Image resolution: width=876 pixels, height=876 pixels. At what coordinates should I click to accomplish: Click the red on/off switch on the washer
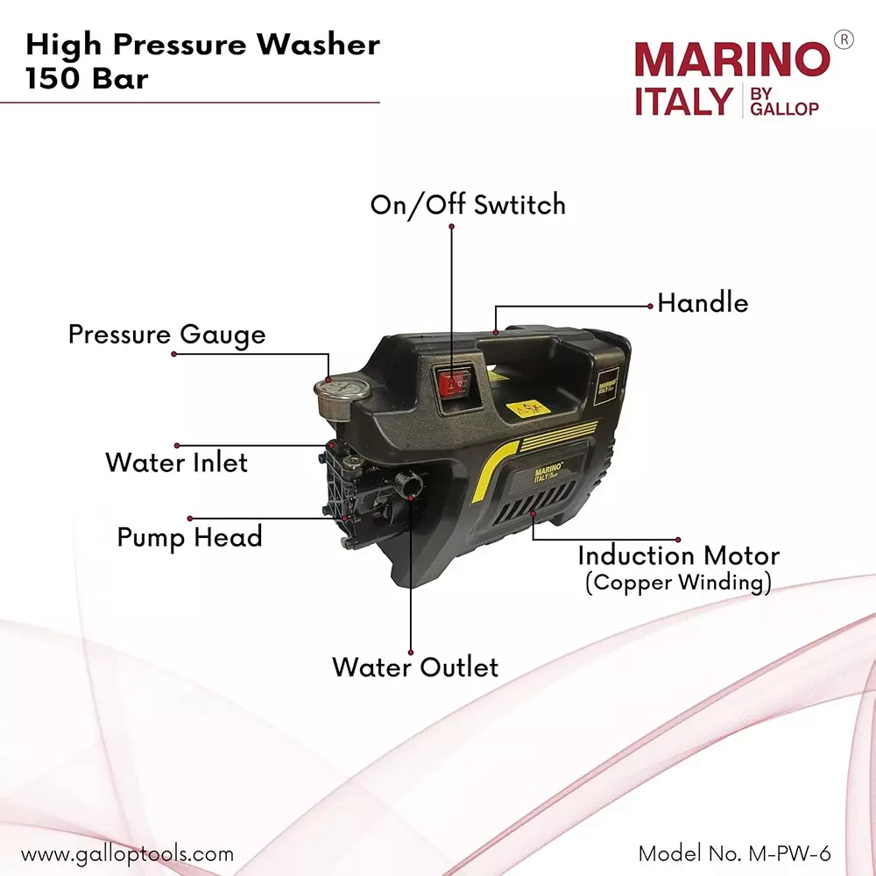452,383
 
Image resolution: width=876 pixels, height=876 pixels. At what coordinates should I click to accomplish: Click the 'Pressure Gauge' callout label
166,335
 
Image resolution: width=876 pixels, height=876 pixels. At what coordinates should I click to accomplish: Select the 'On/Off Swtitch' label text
468,205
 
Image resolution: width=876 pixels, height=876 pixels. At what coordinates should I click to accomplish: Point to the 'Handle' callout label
703,303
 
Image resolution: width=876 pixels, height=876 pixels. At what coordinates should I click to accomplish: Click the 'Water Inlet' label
177,462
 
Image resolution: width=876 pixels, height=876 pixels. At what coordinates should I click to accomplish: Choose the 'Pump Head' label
189,536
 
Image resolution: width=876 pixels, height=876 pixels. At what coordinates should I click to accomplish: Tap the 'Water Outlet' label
414,667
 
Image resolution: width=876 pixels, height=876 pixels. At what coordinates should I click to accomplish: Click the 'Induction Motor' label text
678,555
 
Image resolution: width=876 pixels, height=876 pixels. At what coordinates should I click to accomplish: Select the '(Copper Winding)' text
678,583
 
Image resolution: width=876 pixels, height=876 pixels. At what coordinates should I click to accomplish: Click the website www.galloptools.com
127,853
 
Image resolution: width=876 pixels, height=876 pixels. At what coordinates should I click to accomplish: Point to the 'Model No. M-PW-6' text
734,853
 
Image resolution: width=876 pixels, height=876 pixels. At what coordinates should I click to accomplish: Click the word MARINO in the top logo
731,60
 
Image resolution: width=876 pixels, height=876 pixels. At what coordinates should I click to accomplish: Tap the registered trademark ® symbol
843,39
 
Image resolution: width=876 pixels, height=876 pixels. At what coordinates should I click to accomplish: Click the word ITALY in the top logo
682,102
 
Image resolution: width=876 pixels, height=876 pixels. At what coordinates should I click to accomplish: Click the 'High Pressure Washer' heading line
202,44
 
